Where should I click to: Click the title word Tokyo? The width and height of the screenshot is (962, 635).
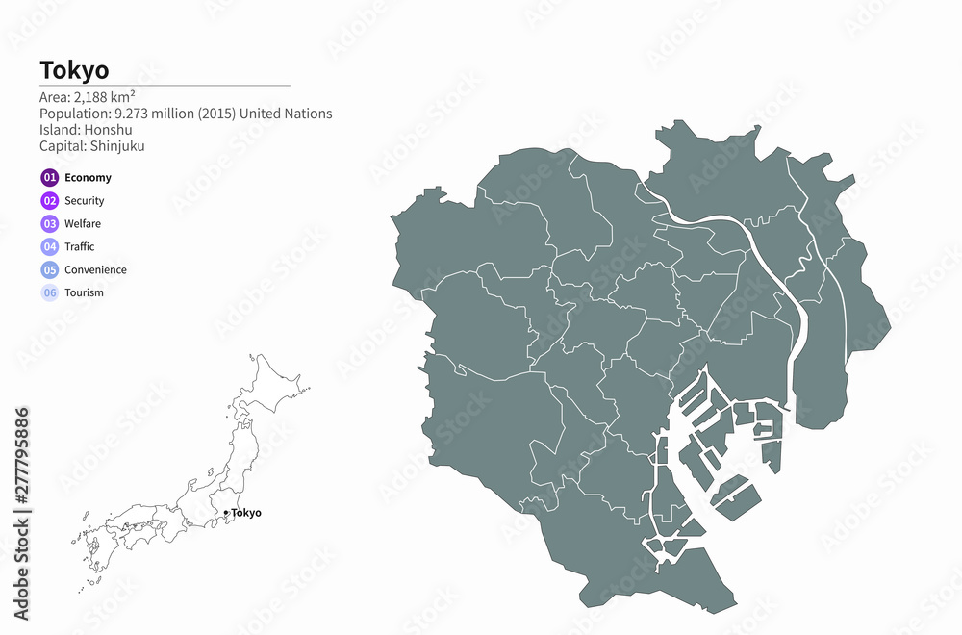74,69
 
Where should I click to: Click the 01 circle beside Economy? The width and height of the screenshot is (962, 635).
50,177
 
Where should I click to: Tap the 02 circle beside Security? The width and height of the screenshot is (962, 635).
50,200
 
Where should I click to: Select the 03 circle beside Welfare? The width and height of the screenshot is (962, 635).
50,223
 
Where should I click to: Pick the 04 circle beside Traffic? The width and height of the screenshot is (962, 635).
50,246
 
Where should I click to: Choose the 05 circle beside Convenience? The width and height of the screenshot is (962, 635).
50,269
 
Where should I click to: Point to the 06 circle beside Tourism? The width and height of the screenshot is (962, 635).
50,292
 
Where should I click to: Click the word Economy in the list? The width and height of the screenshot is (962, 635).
88,177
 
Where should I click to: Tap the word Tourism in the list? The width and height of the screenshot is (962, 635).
84,292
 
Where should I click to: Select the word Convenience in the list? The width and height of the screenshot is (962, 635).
95,269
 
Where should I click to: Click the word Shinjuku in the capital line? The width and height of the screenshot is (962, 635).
117,146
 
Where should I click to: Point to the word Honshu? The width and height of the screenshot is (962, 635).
106,130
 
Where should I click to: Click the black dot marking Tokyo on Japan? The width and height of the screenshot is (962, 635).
225,512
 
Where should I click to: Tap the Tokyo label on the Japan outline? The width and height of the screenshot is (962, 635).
246,513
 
